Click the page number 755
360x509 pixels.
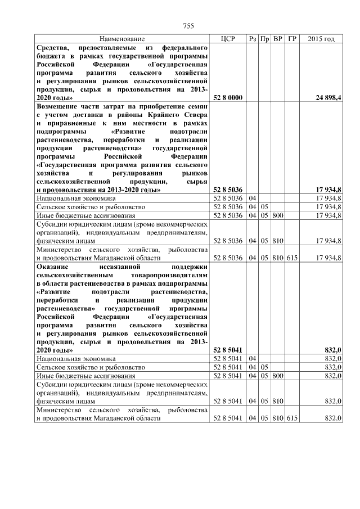point(188,26)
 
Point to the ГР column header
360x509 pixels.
point(291,39)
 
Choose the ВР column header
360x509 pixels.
point(278,39)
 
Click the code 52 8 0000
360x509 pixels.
point(227,97)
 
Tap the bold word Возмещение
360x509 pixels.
point(61,106)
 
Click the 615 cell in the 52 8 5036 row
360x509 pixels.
point(291,257)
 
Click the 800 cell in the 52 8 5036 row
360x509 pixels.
point(278,215)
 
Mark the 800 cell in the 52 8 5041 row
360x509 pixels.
point(278,376)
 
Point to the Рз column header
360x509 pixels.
point(253,39)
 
